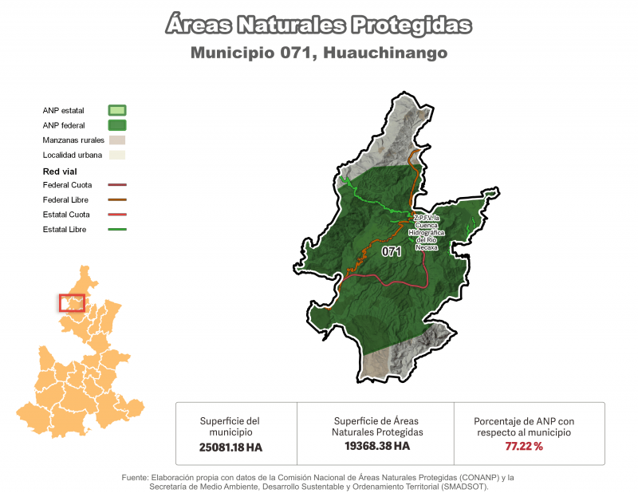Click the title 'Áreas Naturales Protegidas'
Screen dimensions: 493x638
319,25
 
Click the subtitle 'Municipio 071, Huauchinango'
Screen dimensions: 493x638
319,53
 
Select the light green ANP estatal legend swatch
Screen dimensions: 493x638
117,111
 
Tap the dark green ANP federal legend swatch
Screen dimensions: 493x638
117,125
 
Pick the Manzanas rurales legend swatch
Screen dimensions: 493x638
117,140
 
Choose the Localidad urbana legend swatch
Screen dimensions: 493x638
117,155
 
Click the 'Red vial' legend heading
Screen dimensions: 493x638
60,172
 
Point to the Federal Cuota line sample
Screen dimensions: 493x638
117,185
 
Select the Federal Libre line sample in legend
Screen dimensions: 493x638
117,199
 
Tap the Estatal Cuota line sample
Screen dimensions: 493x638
117,215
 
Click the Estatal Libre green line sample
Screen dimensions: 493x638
117,230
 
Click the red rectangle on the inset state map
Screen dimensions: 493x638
72,303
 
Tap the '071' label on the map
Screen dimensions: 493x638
391,252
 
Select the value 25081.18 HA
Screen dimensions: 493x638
230,448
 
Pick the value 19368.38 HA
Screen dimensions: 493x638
377,446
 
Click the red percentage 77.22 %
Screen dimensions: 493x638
524,446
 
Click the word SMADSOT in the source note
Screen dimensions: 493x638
461,486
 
